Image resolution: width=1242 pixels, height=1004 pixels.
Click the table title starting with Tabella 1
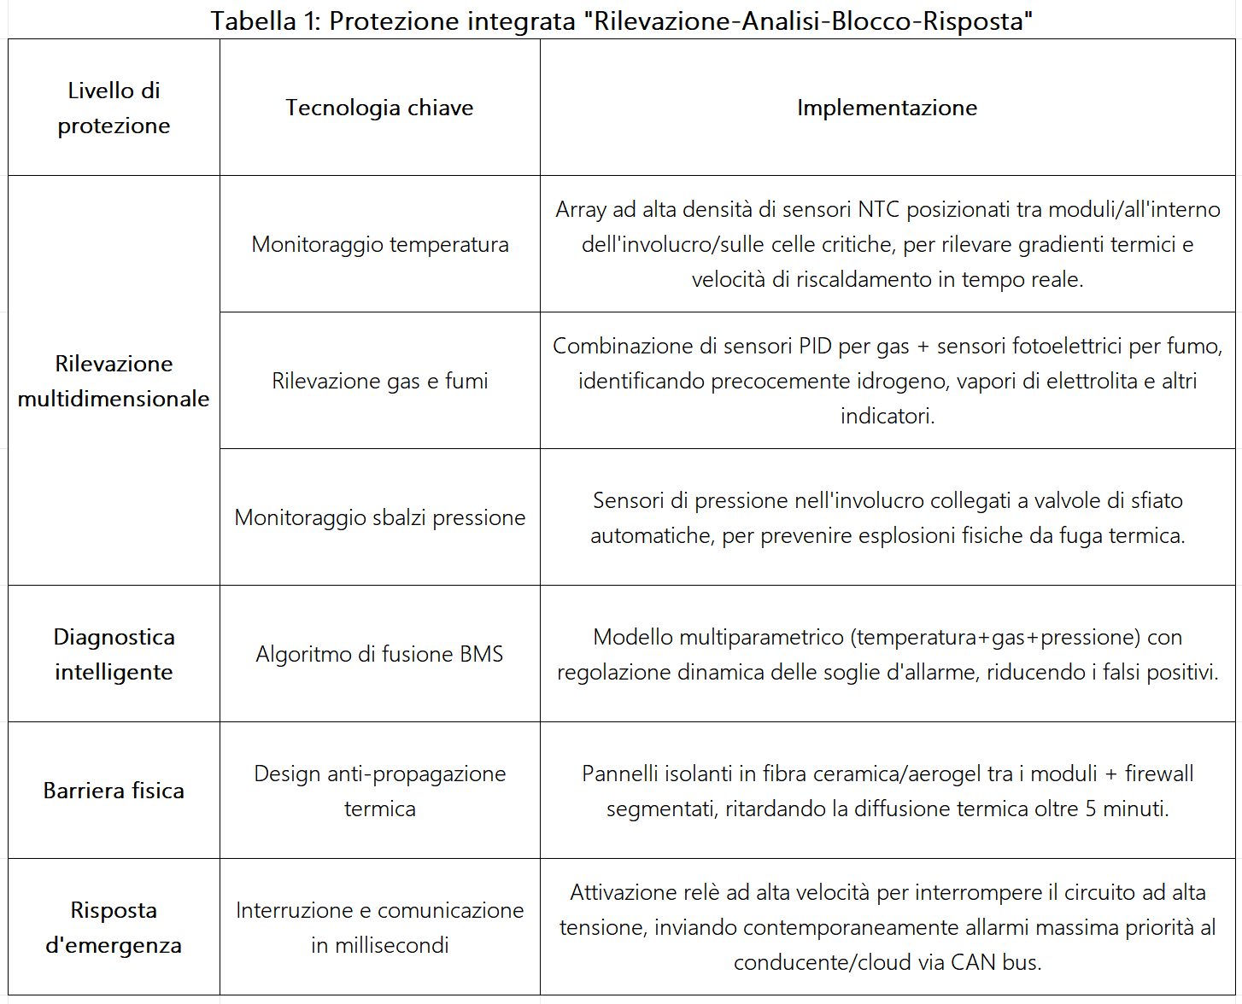click(x=621, y=20)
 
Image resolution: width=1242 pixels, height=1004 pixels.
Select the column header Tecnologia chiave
click(x=379, y=108)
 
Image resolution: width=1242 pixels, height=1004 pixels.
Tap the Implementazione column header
click(x=887, y=108)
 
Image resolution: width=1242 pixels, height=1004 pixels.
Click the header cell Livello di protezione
click(x=114, y=108)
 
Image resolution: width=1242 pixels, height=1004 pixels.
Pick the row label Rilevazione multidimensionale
click(x=114, y=381)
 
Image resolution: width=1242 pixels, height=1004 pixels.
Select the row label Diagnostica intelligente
click(x=114, y=654)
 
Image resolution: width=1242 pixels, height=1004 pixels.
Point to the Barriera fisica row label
click(x=114, y=791)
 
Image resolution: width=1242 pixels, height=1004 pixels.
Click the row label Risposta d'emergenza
click(x=114, y=927)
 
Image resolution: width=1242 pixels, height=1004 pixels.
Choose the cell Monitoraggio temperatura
click(x=379, y=244)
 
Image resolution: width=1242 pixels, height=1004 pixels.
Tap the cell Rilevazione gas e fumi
click(x=379, y=381)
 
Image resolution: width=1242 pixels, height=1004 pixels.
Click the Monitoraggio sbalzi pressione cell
click(x=379, y=517)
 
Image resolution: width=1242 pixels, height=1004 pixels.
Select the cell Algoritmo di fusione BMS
click(x=379, y=654)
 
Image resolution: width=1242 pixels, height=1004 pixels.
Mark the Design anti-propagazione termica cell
click(x=379, y=791)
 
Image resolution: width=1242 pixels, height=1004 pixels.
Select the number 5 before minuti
click(x=1091, y=808)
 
